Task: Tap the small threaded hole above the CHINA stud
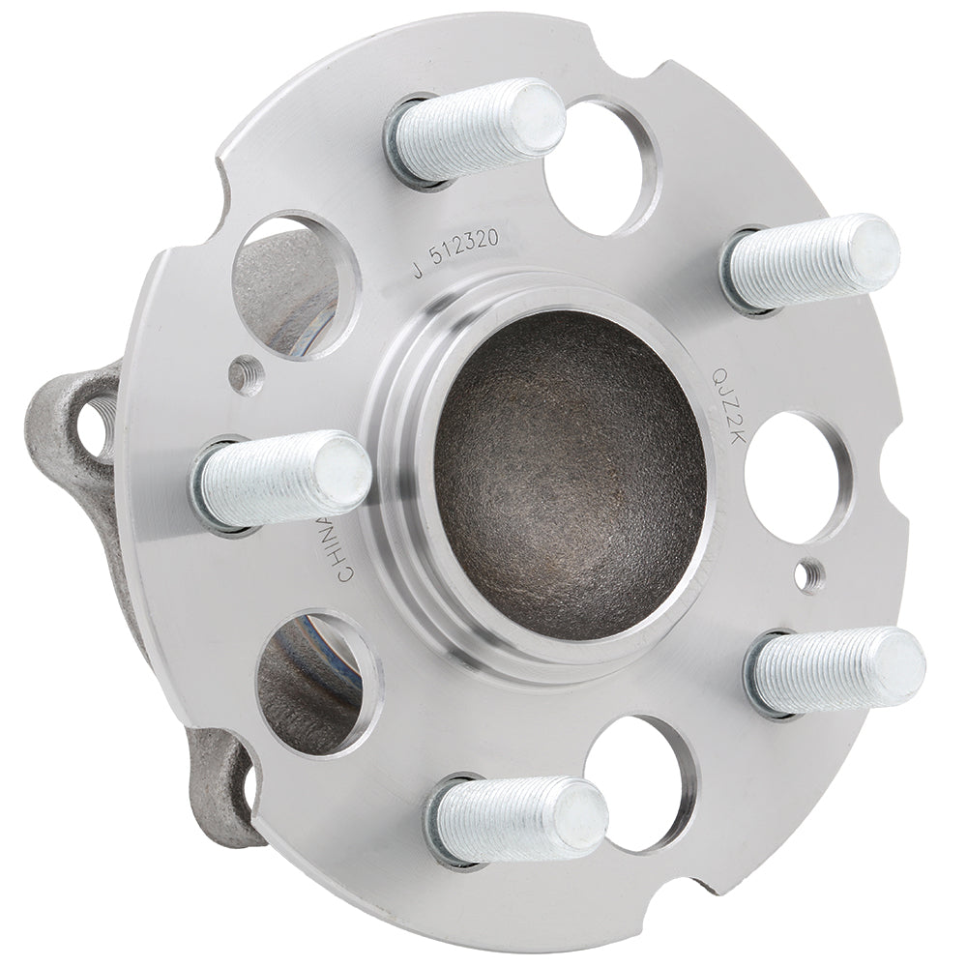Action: pyautogui.click(x=247, y=371)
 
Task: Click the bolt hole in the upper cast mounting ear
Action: pyautogui.click(x=95, y=425)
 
